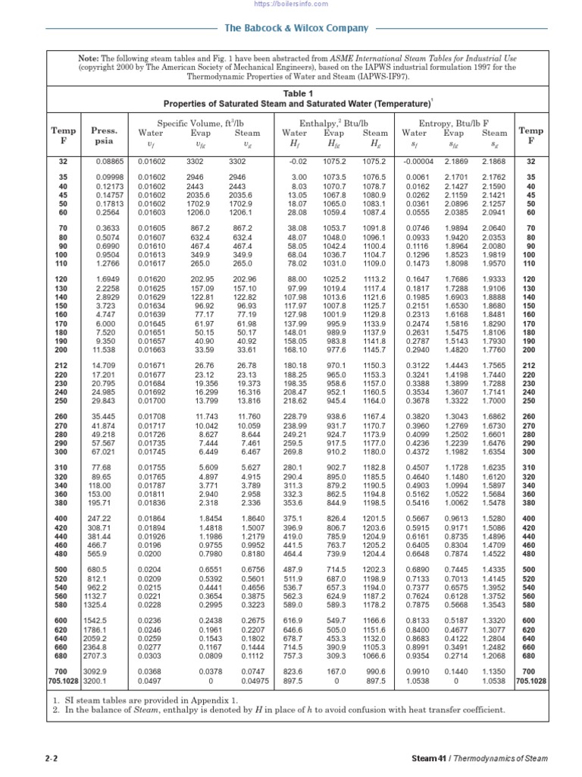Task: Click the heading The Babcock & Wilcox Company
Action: tap(296, 28)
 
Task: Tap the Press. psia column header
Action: tap(104, 135)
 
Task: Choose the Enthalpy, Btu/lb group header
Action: tap(333, 123)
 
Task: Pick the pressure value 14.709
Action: tap(104, 365)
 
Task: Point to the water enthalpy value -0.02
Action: tap(296, 161)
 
